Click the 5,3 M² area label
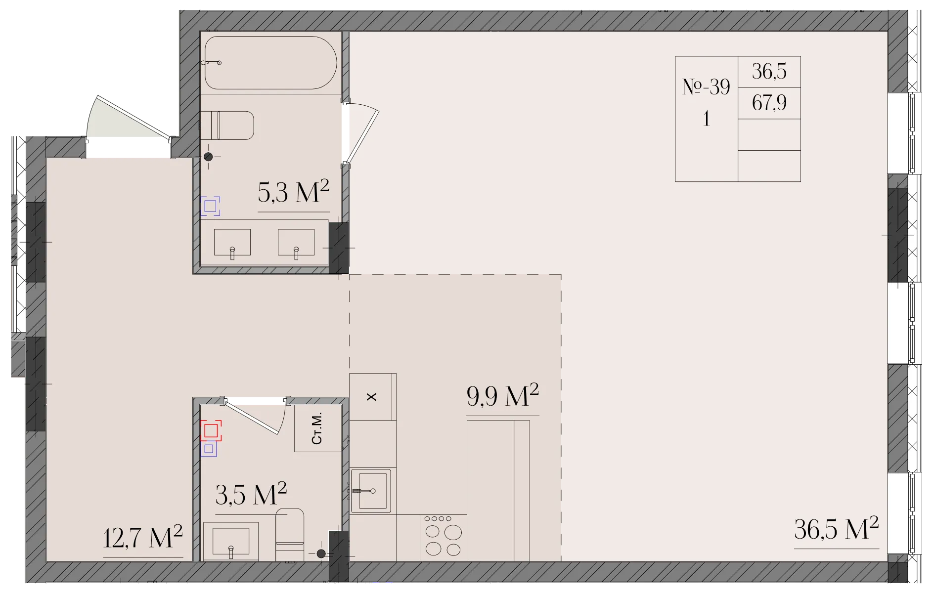pyautogui.click(x=293, y=192)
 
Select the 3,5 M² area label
pyautogui.click(x=251, y=494)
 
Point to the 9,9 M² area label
pyautogui.click(x=502, y=395)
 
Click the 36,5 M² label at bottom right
pyautogui.click(x=837, y=529)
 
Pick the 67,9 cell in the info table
pyautogui.click(x=769, y=103)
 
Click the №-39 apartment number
pyautogui.click(x=706, y=87)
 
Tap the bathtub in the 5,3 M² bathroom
pyautogui.click(x=270, y=63)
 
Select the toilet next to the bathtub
pyautogui.click(x=227, y=126)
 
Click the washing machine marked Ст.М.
pyautogui.click(x=318, y=428)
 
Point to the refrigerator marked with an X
pyautogui.click(x=372, y=397)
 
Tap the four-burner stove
pyautogui.click(x=444, y=538)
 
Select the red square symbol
pyautogui.click(x=211, y=430)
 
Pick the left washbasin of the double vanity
pyautogui.click(x=232, y=242)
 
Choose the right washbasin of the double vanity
pyautogui.click(x=296, y=242)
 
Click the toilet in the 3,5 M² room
pyautogui.click(x=290, y=534)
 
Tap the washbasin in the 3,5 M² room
pyautogui.click(x=231, y=541)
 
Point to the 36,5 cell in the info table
pyautogui.click(x=769, y=72)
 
